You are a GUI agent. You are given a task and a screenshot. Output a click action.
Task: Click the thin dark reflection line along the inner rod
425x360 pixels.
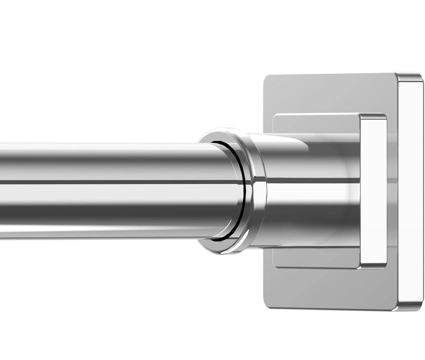[x=114, y=182]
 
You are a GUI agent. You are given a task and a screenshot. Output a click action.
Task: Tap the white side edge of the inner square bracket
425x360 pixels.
[x=373, y=191]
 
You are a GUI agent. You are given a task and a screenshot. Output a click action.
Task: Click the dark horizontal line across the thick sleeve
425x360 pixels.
[x=313, y=180]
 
